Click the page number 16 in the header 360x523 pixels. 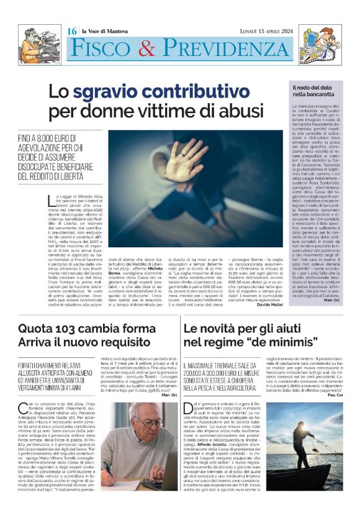[x=71, y=30]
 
